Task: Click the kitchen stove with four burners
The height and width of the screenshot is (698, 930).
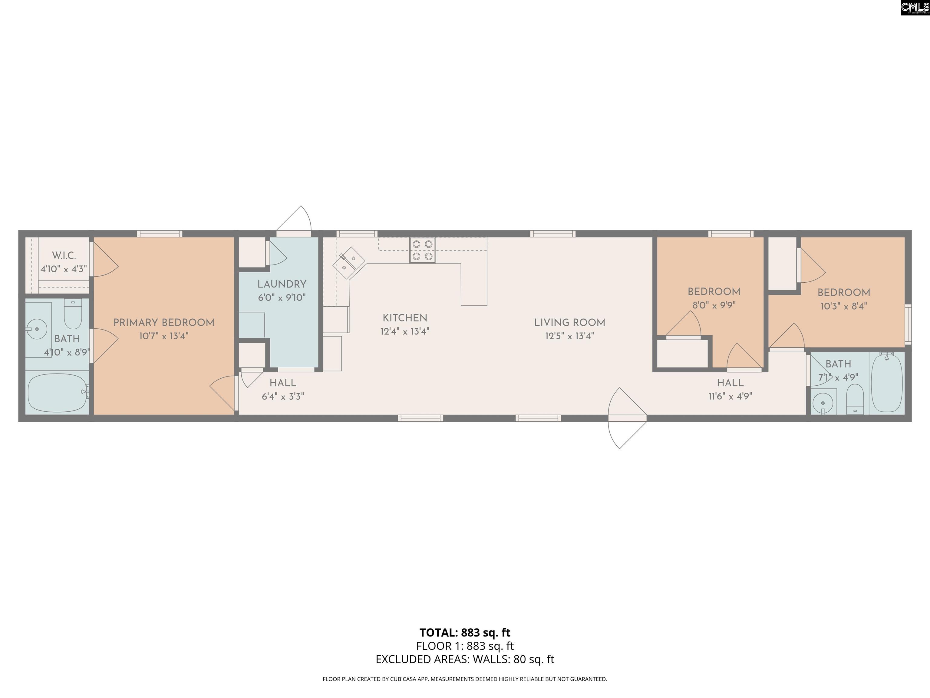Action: coord(423,250)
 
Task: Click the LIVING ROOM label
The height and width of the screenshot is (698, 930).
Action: coord(570,323)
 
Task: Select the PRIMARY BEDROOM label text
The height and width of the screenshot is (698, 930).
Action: coord(164,323)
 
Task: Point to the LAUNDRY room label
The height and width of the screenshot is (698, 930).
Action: coord(282,284)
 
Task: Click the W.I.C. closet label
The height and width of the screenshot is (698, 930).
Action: coord(64,255)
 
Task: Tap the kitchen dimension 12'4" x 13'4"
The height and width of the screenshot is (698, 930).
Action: coord(405,331)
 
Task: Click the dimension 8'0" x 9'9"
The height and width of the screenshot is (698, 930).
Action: coord(714,305)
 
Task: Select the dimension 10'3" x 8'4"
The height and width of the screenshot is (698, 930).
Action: coord(844,306)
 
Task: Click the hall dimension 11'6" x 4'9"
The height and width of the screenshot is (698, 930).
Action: coord(730,396)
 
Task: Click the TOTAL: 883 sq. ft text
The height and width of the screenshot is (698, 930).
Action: coord(465,632)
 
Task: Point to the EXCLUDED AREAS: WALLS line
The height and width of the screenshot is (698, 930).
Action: coord(465,659)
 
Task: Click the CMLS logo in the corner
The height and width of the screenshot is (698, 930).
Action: coord(915,8)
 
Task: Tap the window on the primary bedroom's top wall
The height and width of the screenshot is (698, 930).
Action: coord(159,234)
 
